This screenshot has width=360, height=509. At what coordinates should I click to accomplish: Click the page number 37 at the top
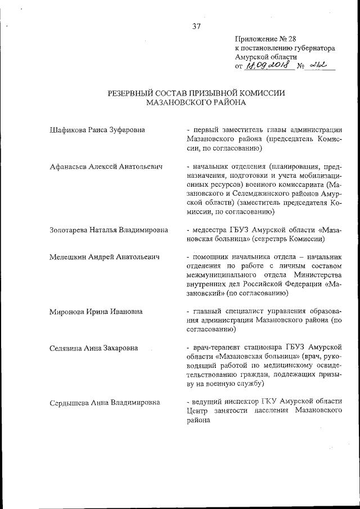(196, 26)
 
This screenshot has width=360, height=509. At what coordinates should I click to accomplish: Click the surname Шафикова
(67, 130)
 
